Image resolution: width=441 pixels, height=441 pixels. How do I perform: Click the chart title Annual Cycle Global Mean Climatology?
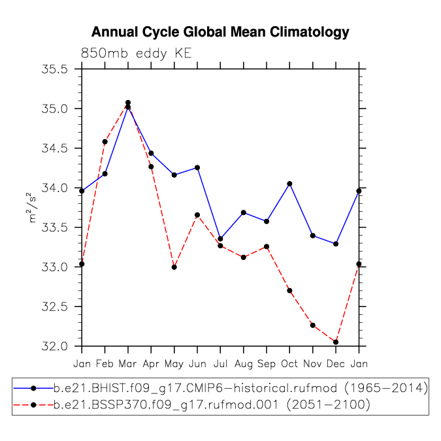[220, 33]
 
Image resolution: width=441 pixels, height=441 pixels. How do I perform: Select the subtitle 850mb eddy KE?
[137, 53]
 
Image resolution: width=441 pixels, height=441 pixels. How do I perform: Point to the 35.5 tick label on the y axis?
[55, 69]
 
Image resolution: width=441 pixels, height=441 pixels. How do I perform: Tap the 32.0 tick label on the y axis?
[55, 346]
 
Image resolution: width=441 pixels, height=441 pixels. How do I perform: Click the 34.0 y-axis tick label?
[55, 188]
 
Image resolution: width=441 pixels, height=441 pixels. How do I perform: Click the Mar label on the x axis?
[127, 364]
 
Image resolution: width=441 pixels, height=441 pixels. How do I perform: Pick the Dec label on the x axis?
[336, 364]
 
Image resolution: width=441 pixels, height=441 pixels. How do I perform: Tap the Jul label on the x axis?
[220, 364]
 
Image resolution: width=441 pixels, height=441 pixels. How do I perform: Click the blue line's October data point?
[289, 184]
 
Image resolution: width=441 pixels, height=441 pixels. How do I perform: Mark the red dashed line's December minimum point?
[336, 342]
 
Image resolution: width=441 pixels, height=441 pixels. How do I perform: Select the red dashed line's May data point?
[174, 267]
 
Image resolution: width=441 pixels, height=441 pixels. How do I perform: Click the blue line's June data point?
[197, 168]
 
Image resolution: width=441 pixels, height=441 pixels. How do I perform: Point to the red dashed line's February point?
[105, 142]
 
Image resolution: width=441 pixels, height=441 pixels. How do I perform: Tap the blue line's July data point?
[220, 238]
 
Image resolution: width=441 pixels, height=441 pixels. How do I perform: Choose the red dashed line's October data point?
[289, 291]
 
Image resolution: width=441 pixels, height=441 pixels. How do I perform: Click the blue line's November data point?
[312, 236]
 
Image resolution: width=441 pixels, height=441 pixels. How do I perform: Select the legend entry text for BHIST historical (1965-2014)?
[240, 388]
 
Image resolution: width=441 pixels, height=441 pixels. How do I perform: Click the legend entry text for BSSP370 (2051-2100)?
[212, 405]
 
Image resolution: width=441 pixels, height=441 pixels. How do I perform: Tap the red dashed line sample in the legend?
[33, 405]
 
